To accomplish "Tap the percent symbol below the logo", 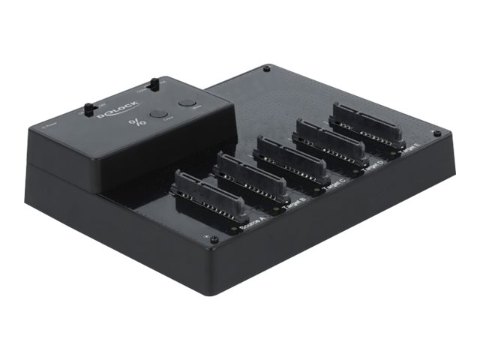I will (135, 123).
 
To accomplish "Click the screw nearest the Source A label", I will (214, 240).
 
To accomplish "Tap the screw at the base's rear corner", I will (266, 70).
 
